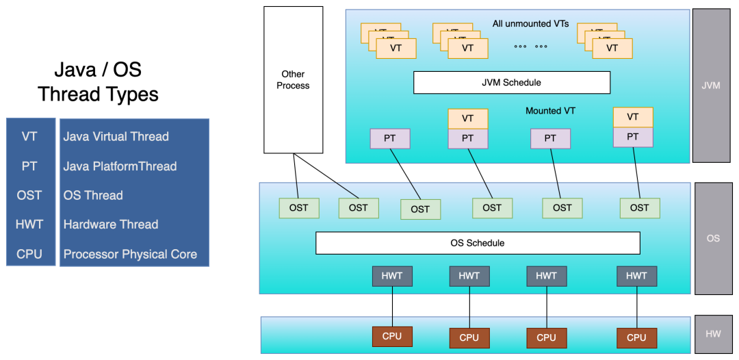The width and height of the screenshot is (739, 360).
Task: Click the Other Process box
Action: [x=293, y=79]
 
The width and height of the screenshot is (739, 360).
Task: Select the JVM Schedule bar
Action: [x=511, y=83]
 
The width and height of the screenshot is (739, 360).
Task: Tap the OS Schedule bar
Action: [x=477, y=243]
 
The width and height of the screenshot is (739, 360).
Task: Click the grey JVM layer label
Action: [x=711, y=86]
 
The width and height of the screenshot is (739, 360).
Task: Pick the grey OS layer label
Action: [x=712, y=238]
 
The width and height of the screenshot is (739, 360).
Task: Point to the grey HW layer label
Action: [x=712, y=334]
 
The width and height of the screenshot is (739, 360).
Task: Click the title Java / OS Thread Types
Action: [x=98, y=82]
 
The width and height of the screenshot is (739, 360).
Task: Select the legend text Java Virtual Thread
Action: [x=116, y=137]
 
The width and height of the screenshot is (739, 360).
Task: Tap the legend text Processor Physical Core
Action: [x=130, y=255]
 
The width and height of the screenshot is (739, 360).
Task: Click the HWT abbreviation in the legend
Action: [x=29, y=224]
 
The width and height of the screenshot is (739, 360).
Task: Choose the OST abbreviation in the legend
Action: [x=29, y=196]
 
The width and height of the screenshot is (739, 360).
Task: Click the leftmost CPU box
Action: [x=392, y=337]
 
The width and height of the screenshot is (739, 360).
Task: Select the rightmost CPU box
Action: [x=636, y=337]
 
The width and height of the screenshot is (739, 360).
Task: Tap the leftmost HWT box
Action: [x=392, y=277]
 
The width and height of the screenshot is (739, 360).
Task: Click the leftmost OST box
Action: [x=299, y=208]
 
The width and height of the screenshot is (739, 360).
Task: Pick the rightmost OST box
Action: [x=640, y=208]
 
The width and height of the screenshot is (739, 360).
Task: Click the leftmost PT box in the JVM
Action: [x=390, y=139]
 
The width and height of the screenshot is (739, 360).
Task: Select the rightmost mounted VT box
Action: [x=633, y=117]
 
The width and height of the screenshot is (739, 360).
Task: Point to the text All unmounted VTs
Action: [x=530, y=24]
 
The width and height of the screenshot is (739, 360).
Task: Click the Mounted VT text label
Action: [x=550, y=111]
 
